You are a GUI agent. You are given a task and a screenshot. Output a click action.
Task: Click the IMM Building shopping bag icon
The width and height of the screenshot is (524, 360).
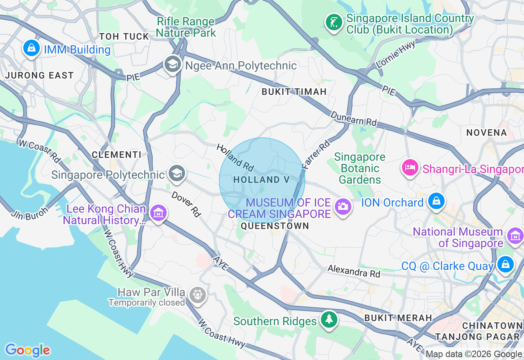tap(31, 48)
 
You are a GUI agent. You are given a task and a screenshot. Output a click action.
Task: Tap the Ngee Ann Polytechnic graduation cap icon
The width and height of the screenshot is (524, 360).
tap(173, 64)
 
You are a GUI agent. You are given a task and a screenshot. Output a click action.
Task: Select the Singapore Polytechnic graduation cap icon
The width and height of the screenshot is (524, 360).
tap(177, 173)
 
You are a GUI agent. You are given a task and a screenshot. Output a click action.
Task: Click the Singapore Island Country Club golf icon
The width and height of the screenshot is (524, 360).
tap(334, 22)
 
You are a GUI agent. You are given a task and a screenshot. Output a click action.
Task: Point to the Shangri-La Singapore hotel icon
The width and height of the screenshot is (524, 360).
tap(410, 167)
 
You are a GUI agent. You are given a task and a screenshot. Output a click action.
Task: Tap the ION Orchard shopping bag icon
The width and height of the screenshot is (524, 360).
tap(436, 201)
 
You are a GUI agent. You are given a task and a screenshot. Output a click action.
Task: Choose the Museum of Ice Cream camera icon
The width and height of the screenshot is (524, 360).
tap(343, 206)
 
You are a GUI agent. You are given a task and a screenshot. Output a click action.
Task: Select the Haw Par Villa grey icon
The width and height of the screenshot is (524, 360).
tap(198, 294)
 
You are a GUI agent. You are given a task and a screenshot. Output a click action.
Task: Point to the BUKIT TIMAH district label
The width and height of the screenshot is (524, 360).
tap(294, 92)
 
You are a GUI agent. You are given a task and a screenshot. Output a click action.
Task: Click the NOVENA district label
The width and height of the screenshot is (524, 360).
tap(487, 133)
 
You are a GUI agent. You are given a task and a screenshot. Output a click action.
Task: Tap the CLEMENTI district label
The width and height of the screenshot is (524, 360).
tap(116, 155)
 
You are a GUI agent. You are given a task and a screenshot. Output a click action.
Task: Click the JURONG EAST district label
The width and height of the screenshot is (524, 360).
tap(39, 76)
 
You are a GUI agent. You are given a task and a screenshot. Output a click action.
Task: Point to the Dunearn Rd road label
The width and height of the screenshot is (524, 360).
tap(354, 119)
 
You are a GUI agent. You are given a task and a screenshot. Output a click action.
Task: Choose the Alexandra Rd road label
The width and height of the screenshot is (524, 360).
tap(354, 271)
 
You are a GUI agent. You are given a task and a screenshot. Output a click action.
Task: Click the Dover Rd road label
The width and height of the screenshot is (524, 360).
tap(187, 203)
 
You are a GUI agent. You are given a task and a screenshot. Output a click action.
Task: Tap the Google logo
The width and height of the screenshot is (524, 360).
tap(27, 350)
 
